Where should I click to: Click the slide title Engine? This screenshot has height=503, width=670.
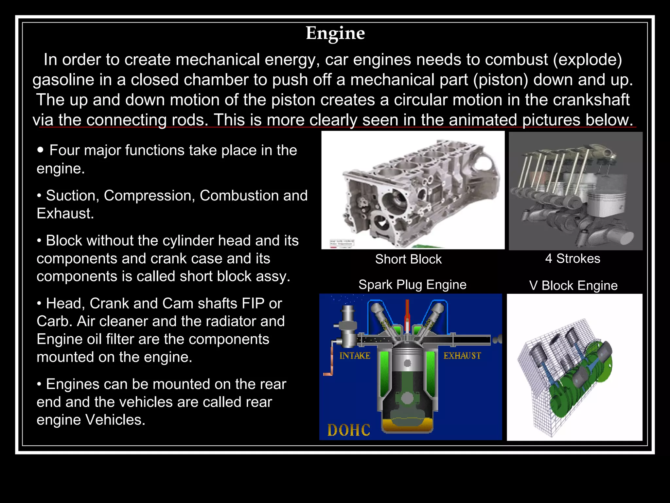click(335, 33)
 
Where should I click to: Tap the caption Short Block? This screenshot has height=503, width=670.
click(408, 259)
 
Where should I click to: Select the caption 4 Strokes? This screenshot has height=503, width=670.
click(573, 258)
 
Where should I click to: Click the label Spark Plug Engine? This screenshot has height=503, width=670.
click(412, 285)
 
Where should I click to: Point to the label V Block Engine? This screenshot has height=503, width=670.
click(573, 286)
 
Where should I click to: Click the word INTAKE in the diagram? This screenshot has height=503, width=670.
click(355, 356)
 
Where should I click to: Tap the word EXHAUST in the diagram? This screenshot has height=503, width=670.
click(462, 356)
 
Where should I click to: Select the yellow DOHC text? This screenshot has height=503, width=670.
click(349, 430)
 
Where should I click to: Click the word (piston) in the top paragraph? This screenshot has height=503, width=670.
click(501, 80)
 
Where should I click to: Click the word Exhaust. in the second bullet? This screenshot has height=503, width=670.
click(65, 214)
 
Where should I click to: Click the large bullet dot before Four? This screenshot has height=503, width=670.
click(40, 150)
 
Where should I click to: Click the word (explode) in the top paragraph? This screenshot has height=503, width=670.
click(587, 60)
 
